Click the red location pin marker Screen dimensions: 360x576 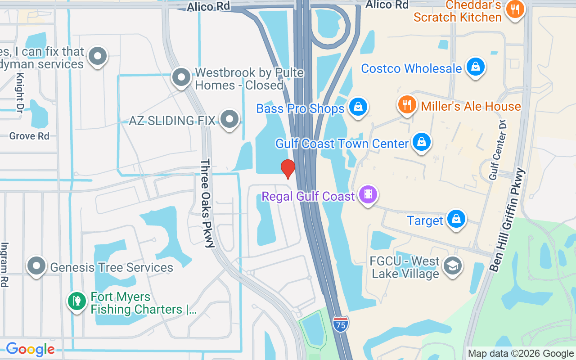point(288,169)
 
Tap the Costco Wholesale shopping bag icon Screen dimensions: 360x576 point(475,67)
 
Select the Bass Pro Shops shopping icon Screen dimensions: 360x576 point(358,107)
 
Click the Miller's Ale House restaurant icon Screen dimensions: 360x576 point(407,104)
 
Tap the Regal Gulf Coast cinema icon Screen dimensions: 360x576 point(368,194)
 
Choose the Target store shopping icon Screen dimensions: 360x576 point(456,219)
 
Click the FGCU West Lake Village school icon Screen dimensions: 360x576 point(452,265)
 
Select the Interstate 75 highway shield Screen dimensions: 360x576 point(341,324)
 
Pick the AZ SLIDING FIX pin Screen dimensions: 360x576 point(229,119)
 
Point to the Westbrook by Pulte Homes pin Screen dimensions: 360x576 point(181,77)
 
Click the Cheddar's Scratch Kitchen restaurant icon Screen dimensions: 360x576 point(515,9)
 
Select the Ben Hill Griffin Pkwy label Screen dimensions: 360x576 point(507,220)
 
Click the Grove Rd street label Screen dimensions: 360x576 point(29,136)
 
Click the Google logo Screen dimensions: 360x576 point(30,349)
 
